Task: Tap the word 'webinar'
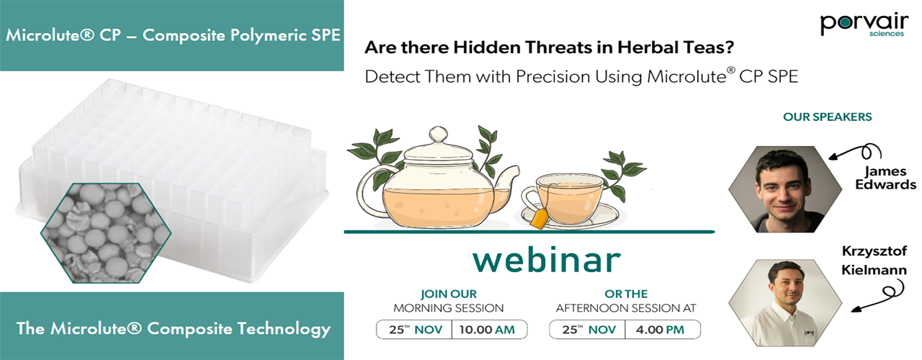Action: click(x=546, y=260)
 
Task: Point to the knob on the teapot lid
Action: click(x=438, y=135)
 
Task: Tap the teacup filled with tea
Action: click(x=565, y=198)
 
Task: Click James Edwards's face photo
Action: click(x=785, y=189)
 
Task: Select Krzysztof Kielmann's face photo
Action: click(x=785, y=302)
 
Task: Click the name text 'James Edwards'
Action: click(x=885, y=178)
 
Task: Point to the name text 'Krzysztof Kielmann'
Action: click(x=874, y=261)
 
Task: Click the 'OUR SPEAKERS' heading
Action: click(x=828, y=117)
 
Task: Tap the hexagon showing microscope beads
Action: click(x=106, y=233)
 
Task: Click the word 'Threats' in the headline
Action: click(x=556, y=48)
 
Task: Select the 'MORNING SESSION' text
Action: click(x=448, y=308)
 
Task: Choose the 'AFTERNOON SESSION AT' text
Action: click(x=626, y=308)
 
